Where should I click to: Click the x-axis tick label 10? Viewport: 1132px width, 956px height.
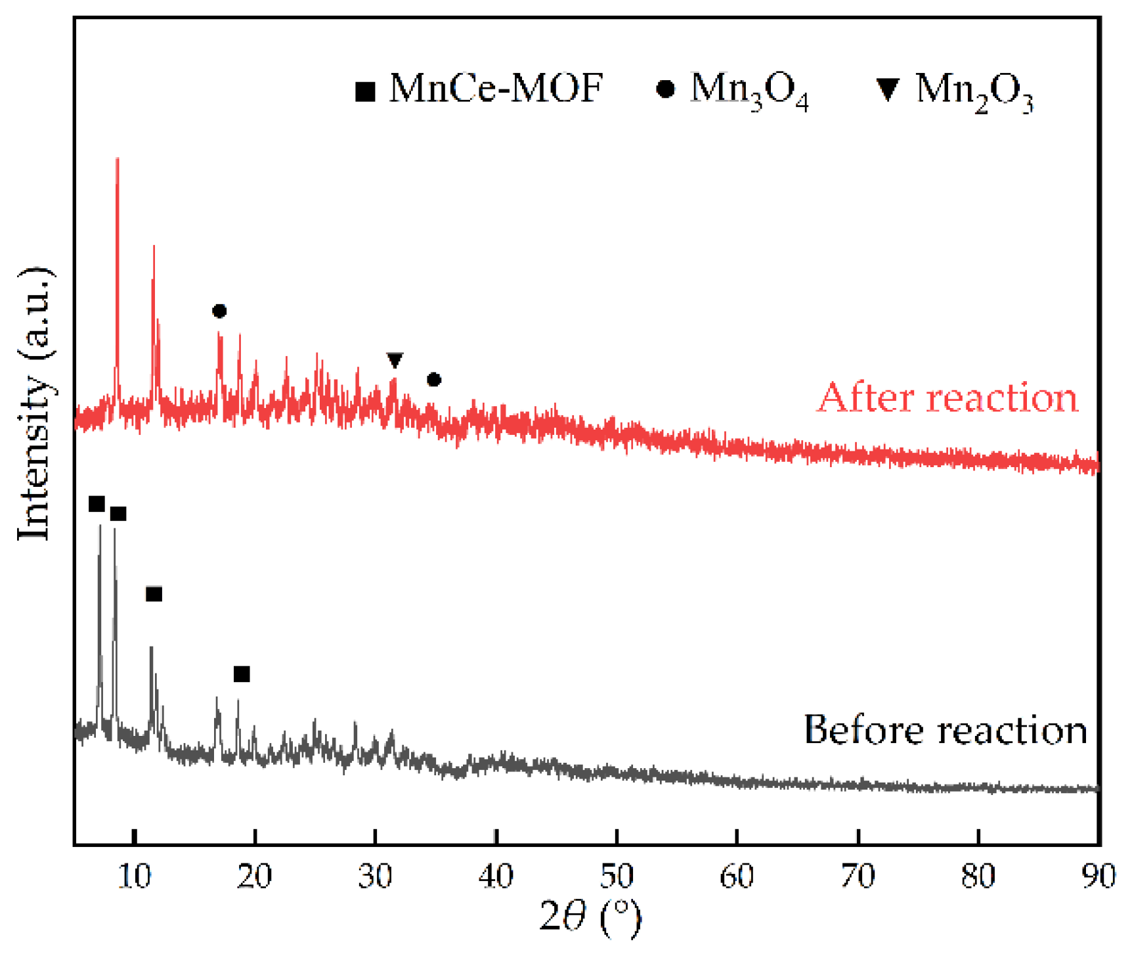tap(134, 877)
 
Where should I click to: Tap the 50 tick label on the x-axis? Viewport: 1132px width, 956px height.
tap(616, 877)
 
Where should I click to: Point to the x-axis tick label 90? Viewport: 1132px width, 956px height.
tap(1097, 877)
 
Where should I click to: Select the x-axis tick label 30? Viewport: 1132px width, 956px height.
tap(375, 877)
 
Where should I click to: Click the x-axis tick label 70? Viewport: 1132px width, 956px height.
tap(857, 877)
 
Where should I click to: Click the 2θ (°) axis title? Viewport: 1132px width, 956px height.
tap(590, 917)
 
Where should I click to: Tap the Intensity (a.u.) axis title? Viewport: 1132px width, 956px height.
tap(34, 404)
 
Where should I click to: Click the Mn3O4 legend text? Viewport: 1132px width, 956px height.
tap(749, 91)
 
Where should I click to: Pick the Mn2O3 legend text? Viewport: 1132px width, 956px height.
tap(974, 91)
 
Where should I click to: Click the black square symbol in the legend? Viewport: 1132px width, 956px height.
tap(365, 91)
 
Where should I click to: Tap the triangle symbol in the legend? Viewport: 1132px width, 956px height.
tap(888, 89)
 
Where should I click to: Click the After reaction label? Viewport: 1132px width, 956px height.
tap(947, 398)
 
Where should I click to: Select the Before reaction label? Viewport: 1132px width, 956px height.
tap(946, 729)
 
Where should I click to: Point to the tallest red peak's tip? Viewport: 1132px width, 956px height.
tap(117, 160)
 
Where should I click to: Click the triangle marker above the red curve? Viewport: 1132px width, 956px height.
tap(394, 360)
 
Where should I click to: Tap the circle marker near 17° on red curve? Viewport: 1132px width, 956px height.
tap(219, 311)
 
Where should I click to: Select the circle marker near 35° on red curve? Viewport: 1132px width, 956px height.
tap(433, 380)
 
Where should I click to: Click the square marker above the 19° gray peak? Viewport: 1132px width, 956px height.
tap(242, 674)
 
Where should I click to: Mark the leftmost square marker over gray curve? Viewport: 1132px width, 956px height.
tap(97, 504)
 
